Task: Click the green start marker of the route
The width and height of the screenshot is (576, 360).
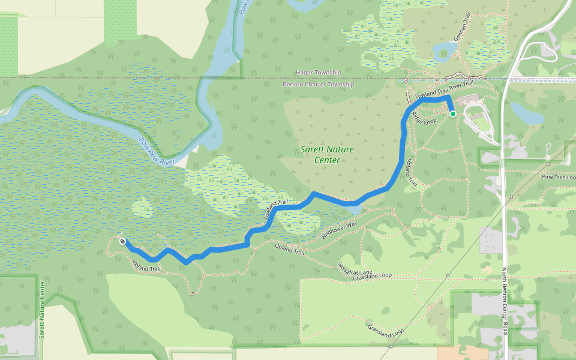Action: tap(453, 113)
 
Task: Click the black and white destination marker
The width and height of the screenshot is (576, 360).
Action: tap(122, 241)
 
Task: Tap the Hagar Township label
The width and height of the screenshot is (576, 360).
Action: tap(318, 73)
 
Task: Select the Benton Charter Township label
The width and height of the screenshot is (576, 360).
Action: tap(318, 85)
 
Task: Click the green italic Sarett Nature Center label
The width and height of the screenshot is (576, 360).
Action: tap(327, 155)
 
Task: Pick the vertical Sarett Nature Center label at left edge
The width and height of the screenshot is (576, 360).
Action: tap(42, 309)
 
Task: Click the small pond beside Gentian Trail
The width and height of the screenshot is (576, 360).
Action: tap(445, 51)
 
